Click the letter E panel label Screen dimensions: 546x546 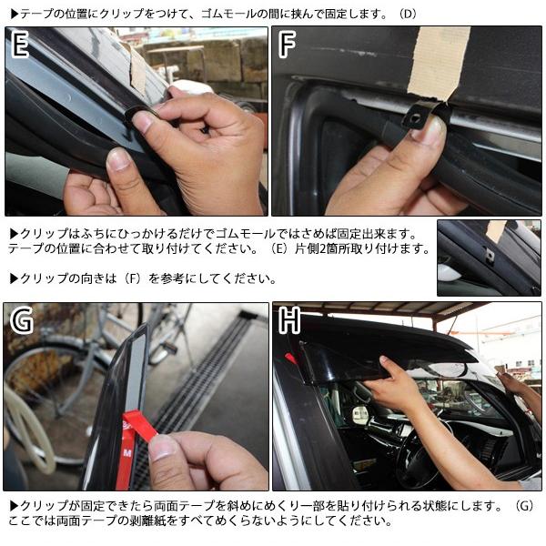(20, 44)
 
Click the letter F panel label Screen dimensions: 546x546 (287, 44)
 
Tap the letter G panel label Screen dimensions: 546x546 (22, 320)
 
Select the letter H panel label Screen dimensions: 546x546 (289, 320)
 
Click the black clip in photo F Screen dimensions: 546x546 (415, 116)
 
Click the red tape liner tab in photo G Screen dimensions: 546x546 (138, 426)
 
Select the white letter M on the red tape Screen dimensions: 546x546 (127, 452)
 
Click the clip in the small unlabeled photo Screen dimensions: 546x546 (490, 256)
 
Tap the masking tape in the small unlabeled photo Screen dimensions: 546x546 (496, 231)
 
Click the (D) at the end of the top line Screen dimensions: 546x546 (408, 15)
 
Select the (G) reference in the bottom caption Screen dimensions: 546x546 (524, 505)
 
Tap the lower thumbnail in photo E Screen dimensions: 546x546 (119, 160)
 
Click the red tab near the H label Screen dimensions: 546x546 (290, 359)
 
